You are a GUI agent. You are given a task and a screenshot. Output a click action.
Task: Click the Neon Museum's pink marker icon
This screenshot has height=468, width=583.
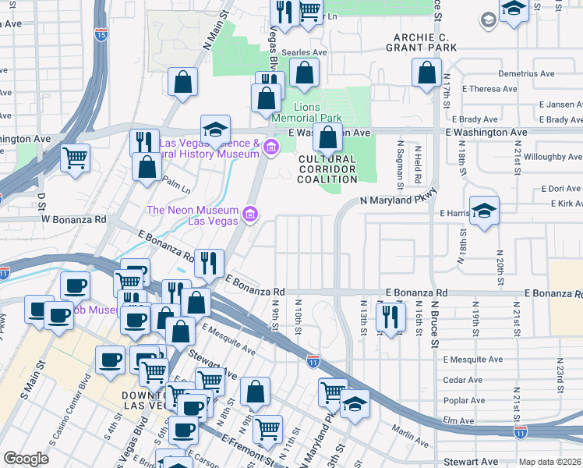(x=250, y=214)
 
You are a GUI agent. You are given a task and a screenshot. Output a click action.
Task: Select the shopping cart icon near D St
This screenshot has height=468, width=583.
(x=76, y=158)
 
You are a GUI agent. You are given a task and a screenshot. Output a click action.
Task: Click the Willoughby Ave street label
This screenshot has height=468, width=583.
(x=549, y=157)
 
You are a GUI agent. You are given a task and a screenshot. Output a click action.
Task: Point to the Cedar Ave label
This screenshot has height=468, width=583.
(x=462, y=381)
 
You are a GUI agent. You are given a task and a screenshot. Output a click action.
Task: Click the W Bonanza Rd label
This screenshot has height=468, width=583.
(x=73, y=219)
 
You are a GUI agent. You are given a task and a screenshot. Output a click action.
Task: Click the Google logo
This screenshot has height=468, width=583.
(x=26, y=459)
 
